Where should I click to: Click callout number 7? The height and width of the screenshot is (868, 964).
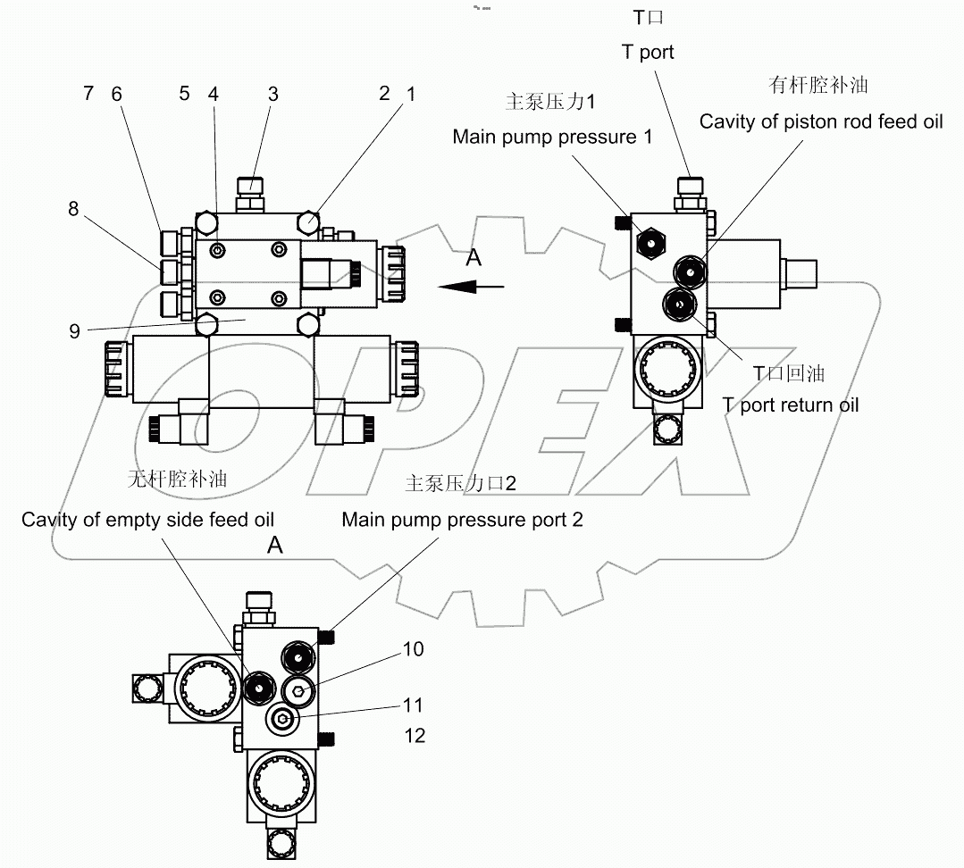click(88, 94)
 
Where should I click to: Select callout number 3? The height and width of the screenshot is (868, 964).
click(272, 94)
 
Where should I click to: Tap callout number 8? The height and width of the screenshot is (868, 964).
click(73, 209)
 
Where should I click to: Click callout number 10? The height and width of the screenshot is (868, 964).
click(413, 649)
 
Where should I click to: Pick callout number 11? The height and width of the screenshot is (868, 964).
click(412, 705)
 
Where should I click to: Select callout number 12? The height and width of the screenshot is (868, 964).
click(414, 735)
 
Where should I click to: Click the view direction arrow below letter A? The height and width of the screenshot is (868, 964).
click(473, 287)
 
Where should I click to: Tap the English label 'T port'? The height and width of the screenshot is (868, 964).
click(648, 52)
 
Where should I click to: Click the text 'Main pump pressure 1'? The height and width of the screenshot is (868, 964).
click(552, 137)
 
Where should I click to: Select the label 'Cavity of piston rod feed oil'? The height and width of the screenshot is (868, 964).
click(820, 121)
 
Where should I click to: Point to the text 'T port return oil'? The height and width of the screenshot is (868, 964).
click(790, 405)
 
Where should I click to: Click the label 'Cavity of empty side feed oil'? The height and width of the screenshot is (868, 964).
click(147, 520)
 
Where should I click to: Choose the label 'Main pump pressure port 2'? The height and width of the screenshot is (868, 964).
click(462, 520)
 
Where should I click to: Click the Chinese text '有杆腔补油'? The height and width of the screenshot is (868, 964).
click(818, 85)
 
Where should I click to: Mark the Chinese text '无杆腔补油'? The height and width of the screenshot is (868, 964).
click(177, 480)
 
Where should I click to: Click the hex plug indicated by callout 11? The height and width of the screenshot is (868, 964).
click(282, 719)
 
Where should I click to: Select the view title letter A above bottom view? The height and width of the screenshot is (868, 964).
click(275, 546)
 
